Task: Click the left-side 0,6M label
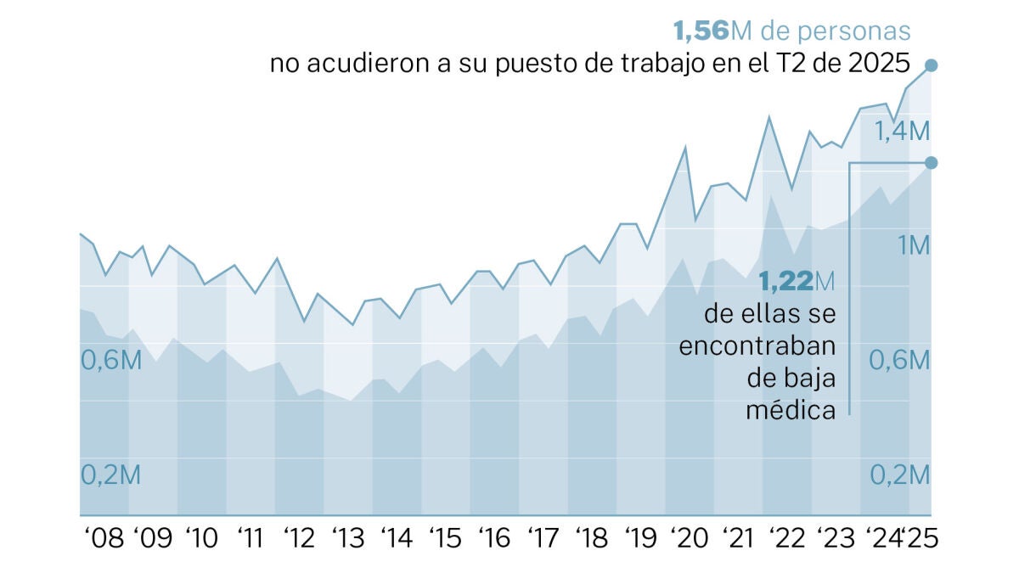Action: point(110,360)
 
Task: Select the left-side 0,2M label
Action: point(110,475)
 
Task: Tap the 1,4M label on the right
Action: point(903,131)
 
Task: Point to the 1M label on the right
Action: point(915,245)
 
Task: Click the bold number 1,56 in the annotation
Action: point(701,31)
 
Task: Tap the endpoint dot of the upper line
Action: point(931,65)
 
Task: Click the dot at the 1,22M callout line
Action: point(931,162)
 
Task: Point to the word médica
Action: point(791,410)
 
